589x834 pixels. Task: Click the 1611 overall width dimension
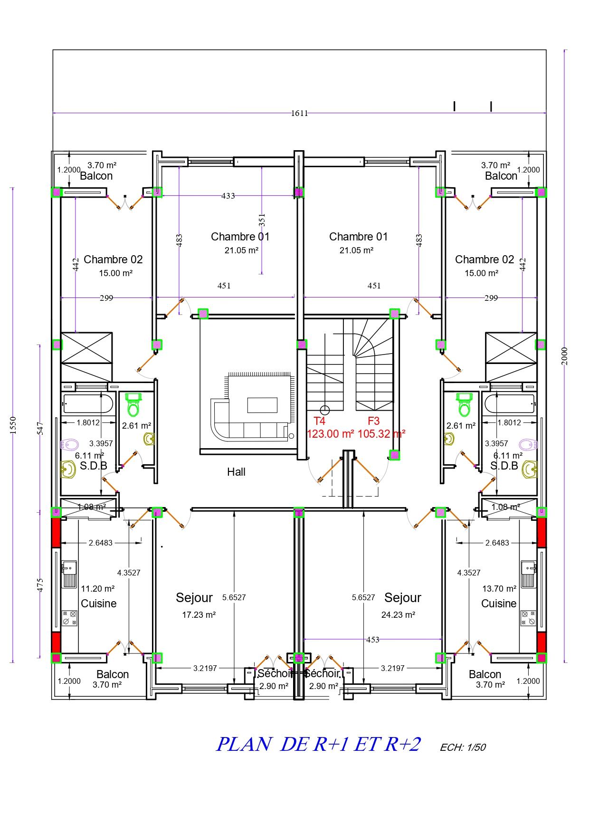click(299, 113)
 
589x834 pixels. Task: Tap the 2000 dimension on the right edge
click(564, 356)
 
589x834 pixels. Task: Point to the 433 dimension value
click(228, 196)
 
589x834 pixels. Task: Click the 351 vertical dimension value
click(262, 220)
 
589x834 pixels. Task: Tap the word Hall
click(236, 472)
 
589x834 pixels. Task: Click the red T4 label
click(320, 421)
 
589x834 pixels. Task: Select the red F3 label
click(374, 421)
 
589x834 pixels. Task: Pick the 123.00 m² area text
click(331, 434)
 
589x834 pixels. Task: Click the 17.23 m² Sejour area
click(199, 614)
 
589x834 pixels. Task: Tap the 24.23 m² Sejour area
click(399, 614)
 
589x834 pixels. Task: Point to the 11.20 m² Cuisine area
click(98, 589)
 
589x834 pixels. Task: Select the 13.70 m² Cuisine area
click(499, 589)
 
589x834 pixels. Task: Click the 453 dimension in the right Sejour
click(373, 640)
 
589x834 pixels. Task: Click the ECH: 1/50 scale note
click(463, 747)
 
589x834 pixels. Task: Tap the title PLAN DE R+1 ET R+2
click(318, 744)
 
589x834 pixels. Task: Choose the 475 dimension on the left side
click(40, 585)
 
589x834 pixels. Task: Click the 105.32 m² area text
click(381, 434)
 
